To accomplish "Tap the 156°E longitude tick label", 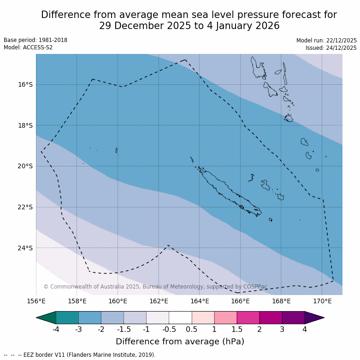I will [x=36, y=301].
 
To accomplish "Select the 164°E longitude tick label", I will [x=200, y=301].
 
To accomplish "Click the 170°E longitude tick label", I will [x=322, y=301].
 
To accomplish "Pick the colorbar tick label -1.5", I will [x=124, y=329].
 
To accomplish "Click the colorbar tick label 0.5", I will [x=192, y=329].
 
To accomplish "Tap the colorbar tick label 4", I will [x=304, y=329].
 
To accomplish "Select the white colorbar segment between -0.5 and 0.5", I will [x=180, y=318].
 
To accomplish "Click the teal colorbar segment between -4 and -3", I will [x=67, y=318].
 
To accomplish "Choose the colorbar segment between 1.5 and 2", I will [x=248, y=318].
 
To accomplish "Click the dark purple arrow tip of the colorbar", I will [x=314, y=318].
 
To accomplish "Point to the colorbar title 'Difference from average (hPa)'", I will [x=180, y=342].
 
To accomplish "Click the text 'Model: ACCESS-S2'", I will [x=28, y=47].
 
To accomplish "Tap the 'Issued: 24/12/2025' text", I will [x=331, y=48].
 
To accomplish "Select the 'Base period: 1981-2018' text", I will [x=35, y=40].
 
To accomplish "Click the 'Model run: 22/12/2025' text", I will [x=326, y=41].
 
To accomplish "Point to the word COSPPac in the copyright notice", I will [x=254, y=287].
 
